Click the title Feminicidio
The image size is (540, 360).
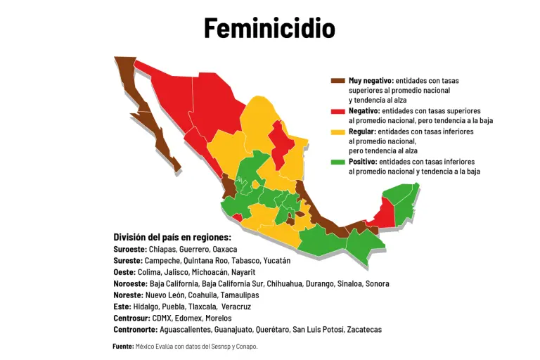pyautogui.click(x=269, y=28)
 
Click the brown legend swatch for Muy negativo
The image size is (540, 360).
pyautogui.click(x=338, y=81)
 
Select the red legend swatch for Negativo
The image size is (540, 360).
pyautogui.click(x=338, y=111)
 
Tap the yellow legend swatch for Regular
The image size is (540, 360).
pyautogui.click(x=338, y=131)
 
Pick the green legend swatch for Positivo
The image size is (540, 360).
pyautogui.click(x=338, y=162)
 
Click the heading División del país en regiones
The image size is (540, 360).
pyautogui.click(x=172, y=237)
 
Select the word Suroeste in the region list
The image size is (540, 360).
pyautogui.click(x=129, y=250)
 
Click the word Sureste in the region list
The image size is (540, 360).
pyautogui.click(x=127, y=261)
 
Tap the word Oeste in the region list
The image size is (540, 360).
pyautogui.click(x=124, y=272)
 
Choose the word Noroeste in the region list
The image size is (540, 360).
pyautogui.click(x=130, y=283)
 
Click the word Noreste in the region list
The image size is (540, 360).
pyautogui.click(x=128, y=295)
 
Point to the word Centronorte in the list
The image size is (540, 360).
pyautogui.click(x=135, y=329)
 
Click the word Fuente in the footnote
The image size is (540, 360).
pyautogui.click(x=123, y=346)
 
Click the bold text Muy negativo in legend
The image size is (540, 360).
pyautogui.click(x=371, y=81)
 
